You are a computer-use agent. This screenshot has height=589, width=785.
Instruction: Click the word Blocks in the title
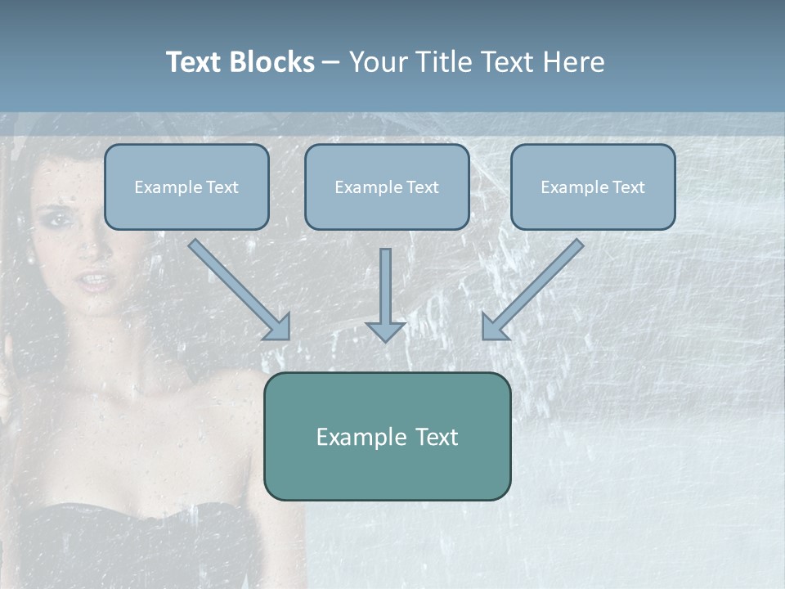271,62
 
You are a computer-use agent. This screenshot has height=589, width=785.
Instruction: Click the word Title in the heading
443,62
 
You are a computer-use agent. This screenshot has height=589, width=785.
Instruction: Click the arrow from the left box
237,288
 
